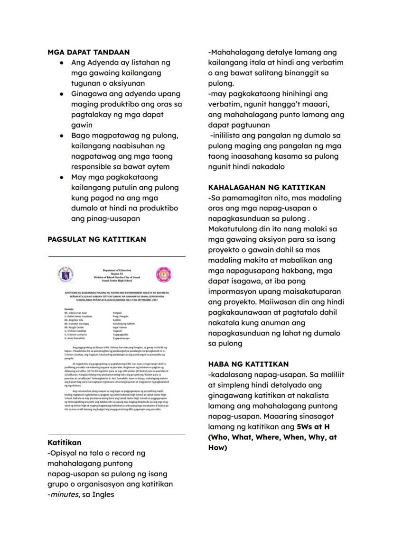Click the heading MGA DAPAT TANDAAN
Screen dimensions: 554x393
click(x=89, y=53)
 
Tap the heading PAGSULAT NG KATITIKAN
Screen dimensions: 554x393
click(x=97, y=240)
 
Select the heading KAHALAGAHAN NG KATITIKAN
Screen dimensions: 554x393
click(x=267, y=188)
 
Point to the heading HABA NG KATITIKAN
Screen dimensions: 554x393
click(x=248, y=364)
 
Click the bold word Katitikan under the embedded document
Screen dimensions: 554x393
click(x=65, y=443)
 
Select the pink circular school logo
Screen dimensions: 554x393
click(x=164, y=274)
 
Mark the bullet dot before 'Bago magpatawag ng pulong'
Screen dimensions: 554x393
click(x=62, y=136)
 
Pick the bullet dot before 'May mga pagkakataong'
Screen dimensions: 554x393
click(x=62, y=177)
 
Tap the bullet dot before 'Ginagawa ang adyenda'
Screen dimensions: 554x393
click(x=62, y=94)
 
